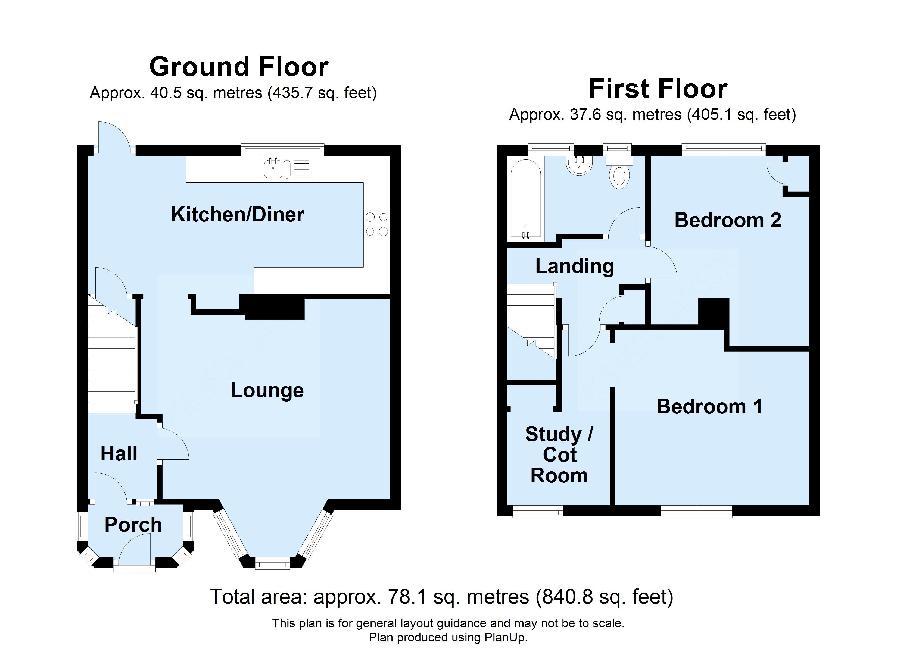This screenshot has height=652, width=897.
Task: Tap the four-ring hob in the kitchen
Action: pos(376,224)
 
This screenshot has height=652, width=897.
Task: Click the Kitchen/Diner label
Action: pos(237,215)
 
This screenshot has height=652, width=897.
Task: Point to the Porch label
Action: pos(133,525)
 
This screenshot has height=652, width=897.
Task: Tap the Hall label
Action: pos(119,453)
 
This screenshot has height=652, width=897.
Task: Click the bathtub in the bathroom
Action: pos(526,200)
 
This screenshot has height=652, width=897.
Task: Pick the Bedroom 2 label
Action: pos(728,220)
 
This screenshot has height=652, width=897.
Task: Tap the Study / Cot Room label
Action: pos(559,455)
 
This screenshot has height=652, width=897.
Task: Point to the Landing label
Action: pos(575,266)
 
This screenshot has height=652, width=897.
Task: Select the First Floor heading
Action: pos(658,89)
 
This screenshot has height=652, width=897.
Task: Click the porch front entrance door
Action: pos(135,550)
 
